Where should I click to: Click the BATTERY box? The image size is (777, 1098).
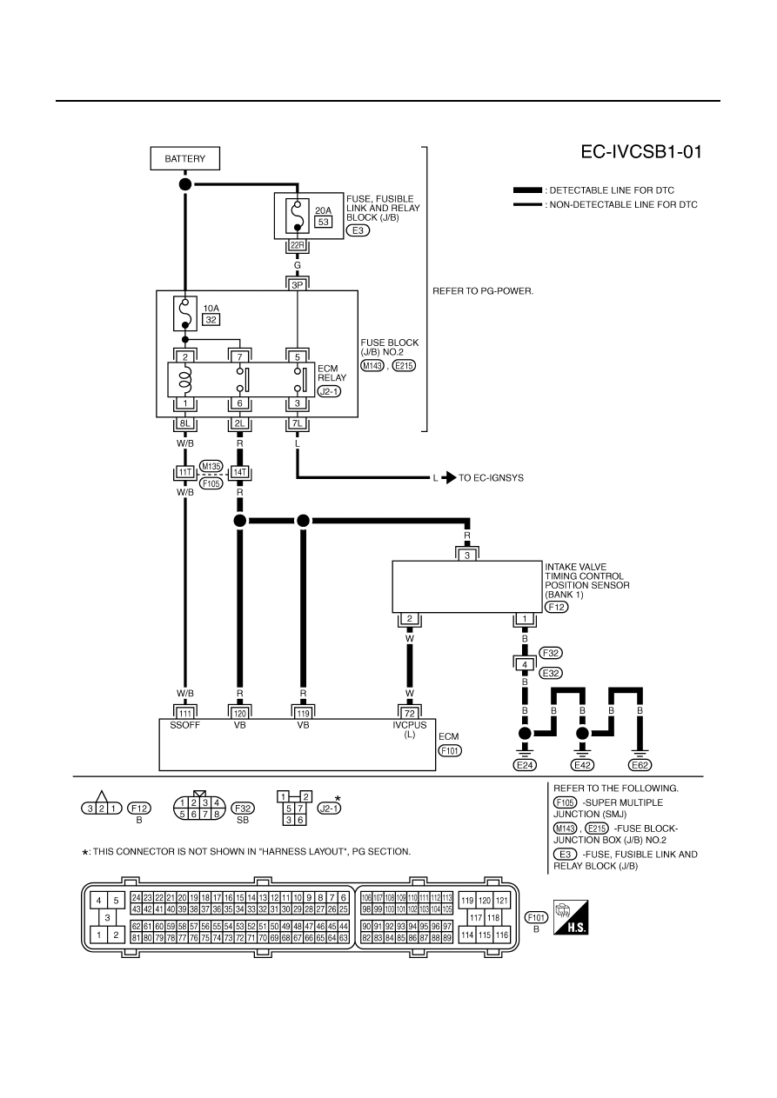point(185,158)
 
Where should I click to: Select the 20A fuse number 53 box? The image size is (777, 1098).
point(324,222)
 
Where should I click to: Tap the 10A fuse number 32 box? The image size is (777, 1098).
point(211,320)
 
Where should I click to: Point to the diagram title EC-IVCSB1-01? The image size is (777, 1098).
point(641,152)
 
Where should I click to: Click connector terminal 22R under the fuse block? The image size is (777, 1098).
point(298,245)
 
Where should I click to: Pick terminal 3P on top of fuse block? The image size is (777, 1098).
point(298,285)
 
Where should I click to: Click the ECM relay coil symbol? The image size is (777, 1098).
point(185,379)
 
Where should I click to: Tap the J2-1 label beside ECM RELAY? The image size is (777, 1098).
point(329,392)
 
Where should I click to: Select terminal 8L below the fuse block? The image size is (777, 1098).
point(185,423)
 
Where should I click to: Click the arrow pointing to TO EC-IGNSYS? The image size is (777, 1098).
point(449,477)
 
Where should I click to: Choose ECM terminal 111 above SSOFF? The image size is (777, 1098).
point(185,713)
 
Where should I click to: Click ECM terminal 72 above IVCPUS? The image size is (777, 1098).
point(410,713)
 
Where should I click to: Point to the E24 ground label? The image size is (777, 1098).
point(525,765)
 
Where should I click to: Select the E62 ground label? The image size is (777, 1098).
point(640,765)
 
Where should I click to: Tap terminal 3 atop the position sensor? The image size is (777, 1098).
point(467,556)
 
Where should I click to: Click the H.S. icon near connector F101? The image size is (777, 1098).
point(571,917)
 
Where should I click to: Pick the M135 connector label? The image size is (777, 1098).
point(211,466)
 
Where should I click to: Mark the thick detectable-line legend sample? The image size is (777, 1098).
point(527,190)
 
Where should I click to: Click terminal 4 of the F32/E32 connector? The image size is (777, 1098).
point(525,665)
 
